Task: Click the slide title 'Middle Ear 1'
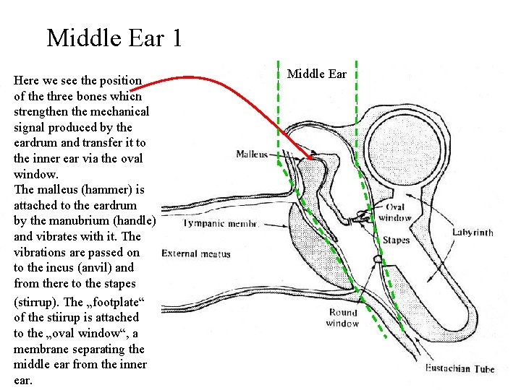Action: (114, 38)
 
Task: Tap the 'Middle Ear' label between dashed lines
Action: (317, 74)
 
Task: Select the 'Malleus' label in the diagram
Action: (252, 154)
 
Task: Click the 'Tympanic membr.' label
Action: (221, 224)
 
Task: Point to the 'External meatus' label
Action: (195, 253)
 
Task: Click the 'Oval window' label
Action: (394, 212)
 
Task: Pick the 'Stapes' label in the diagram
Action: (396, 240)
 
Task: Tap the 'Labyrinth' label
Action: (473, 233)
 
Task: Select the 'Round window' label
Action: (343, 318)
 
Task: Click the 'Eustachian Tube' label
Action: (459, 369)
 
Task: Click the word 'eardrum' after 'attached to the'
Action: (117, 205)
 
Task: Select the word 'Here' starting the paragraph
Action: (27, 80)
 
